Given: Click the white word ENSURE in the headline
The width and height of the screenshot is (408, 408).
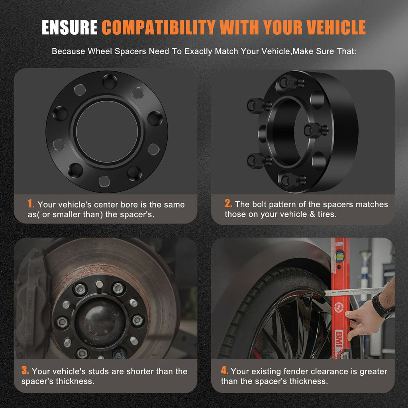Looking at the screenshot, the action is pyautogui.click(x=69, y=27).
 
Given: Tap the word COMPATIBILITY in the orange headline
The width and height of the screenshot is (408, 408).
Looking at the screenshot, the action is pyautogui.click(x=159, y=27).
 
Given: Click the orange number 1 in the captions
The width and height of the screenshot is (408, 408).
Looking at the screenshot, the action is pyautogui.click(x=30, y=204).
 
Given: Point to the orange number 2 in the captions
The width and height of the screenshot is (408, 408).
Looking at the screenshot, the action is pyautogui.click(x=228, y=204).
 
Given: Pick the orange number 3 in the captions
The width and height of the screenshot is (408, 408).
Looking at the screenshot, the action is pyautogui.click(x=25, y=370).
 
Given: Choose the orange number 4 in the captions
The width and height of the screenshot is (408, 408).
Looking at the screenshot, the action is pyautogui.click(x=224, y=370).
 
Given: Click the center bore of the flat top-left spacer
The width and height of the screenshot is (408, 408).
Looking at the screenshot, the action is pyautogui.click(x=107, y=131).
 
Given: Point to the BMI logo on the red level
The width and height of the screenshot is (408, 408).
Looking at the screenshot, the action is pyautogui.click(x=339, y=338).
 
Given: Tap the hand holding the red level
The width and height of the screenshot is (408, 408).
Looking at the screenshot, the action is pyautogui.click(x=364, y=320).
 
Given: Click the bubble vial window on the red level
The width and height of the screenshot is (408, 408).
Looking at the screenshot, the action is pyautogui.click(x=339, y=256).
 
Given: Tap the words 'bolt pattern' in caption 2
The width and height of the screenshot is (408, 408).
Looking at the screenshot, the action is pyautogui.click(x=274, y=204).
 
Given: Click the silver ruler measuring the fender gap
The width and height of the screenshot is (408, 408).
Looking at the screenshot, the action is pyautogui.click(x=354, y=291).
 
